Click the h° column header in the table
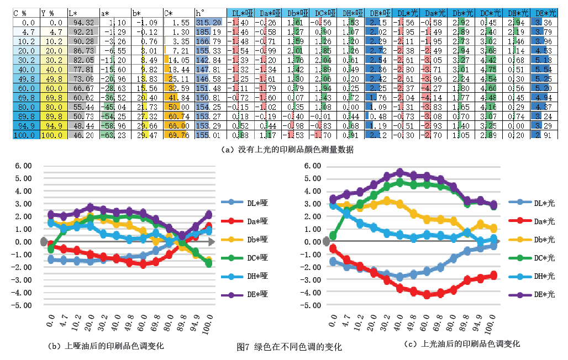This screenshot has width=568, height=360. coord(209,12)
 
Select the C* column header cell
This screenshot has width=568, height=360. coord(178,12)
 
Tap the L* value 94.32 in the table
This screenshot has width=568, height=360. coord(83,22)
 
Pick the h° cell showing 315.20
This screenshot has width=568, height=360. coord(210,22)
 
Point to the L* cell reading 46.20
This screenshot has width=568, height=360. coord(83,135)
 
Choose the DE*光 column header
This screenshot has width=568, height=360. coord(547,12)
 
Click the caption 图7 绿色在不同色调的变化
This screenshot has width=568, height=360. coord(289,347)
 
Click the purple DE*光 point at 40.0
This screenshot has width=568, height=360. coord(400,173)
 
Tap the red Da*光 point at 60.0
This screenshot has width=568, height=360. coord(427,295)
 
